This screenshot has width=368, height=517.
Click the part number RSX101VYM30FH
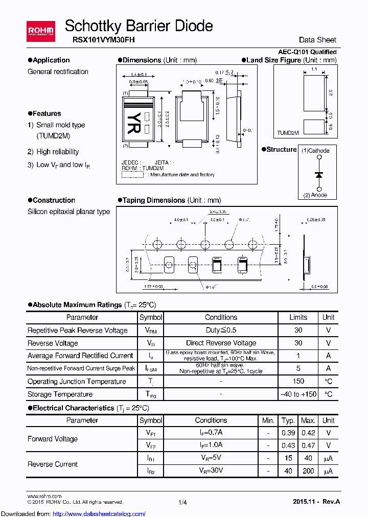point(100,39)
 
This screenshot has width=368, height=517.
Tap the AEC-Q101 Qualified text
point(307,52)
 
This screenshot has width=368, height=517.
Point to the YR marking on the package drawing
point(131,121)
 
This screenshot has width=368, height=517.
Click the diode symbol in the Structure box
point(319,175)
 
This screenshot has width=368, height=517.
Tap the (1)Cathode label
point(315,151)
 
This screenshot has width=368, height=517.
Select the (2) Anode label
point(315,195)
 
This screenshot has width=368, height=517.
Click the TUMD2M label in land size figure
point(288,133)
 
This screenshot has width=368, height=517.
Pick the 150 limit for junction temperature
point(298,381)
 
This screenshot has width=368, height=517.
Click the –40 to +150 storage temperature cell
point(298,394)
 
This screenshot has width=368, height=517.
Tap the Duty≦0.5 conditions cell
point(221,330)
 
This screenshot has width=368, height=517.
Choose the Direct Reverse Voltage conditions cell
point(221,343)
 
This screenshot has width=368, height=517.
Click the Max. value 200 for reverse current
point(308,471)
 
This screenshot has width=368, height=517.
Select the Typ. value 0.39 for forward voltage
point(288,433)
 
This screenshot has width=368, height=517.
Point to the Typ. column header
point(288,420)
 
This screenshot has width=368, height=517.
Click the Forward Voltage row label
point(53,439)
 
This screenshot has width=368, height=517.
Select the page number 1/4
point(183,502)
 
